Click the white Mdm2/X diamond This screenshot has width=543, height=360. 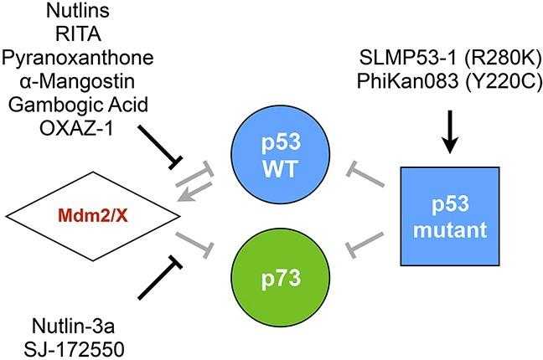tap(92, 216)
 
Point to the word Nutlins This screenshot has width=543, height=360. tap(72, 13)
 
